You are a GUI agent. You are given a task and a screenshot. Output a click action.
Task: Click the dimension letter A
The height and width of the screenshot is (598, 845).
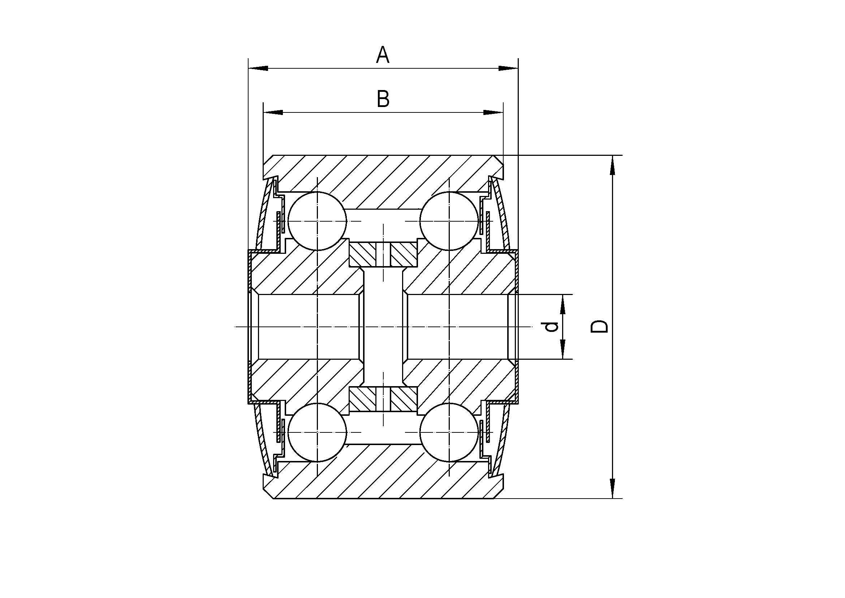[x=383, y=55]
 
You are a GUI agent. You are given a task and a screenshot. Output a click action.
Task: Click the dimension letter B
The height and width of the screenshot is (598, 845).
[x=383, y=99]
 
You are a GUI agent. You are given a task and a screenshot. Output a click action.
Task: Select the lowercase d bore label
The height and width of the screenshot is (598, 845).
[x=552, y=326]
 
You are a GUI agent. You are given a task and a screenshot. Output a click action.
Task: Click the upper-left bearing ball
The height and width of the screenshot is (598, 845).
[x=317, y=221]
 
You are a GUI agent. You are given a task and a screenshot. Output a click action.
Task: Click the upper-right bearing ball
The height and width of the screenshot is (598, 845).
[x=449, y=221]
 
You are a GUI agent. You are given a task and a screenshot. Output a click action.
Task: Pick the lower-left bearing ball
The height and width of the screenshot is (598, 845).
[x=317, y=432]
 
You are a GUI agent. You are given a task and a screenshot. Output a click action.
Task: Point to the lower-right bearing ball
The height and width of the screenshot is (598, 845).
[x=449, y=432]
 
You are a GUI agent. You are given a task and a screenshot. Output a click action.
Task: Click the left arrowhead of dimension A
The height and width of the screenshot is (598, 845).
[x=258, y=68]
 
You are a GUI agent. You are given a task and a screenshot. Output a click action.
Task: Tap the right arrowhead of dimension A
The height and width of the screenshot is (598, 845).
[x=508, y=68]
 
